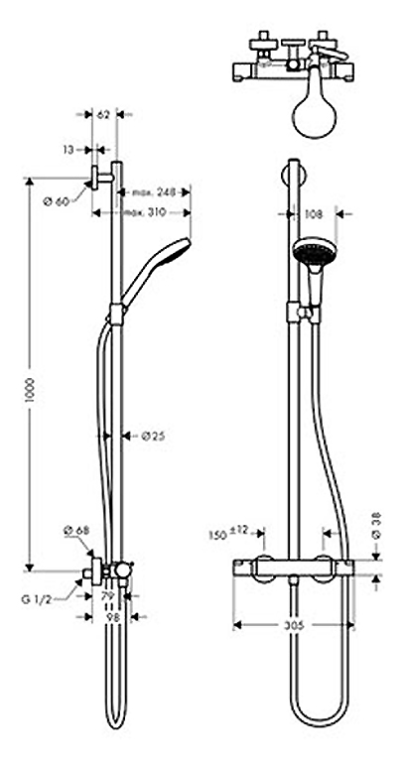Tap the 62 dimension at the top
pos(103,115)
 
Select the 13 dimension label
pos(68,150)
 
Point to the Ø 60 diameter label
pos(57,201)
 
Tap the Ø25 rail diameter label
pos(152,435)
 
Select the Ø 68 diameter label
pos(76,533)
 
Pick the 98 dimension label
pos(114,617)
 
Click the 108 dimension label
pos(314,213)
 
